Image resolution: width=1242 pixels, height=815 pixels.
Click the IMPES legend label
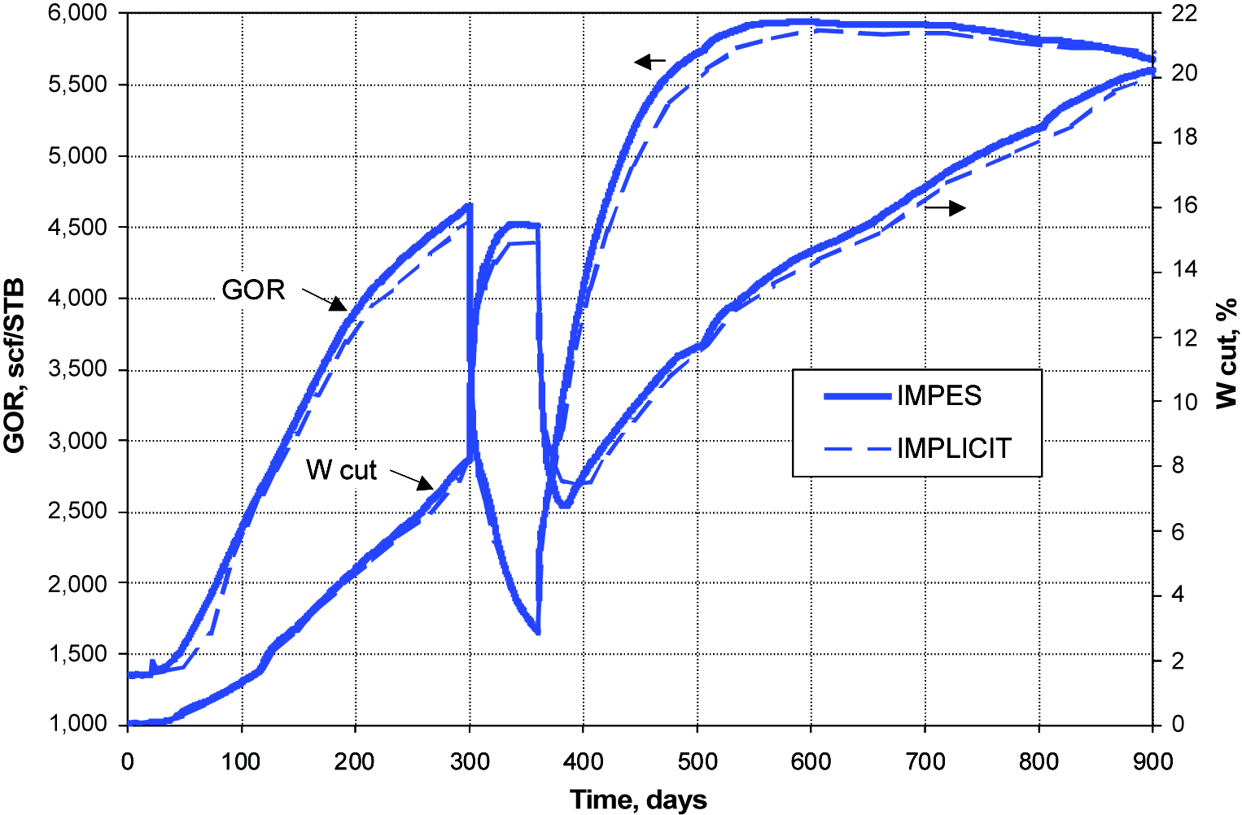click(x=938, y=396)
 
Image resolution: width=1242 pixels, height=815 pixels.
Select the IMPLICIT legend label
click(x=954, y=448)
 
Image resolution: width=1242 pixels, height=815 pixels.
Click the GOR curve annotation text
click(x=253, y=290)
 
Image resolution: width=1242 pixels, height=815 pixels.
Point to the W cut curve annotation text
click(x=341, y=470)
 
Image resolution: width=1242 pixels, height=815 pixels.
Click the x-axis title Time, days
click(x=638, y=800)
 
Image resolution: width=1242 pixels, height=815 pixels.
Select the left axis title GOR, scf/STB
click(x=15, y=366)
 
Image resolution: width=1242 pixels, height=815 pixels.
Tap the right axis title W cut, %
click(x=1226, y=352)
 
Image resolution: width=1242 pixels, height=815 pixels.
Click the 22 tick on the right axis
click(x=1184, y=13)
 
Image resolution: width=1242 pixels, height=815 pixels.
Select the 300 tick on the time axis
click(x=470, y=761)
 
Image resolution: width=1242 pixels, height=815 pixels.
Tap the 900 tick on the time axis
click(x=1152, y=761)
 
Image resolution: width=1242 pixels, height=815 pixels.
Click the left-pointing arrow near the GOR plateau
click(x=649, y=61)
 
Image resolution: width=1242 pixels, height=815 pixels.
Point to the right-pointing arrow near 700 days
click(x=946, y=208)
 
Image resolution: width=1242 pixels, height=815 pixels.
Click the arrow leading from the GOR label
click(x=326, y=299)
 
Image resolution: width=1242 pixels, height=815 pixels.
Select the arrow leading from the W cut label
click(x=412, y=479)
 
